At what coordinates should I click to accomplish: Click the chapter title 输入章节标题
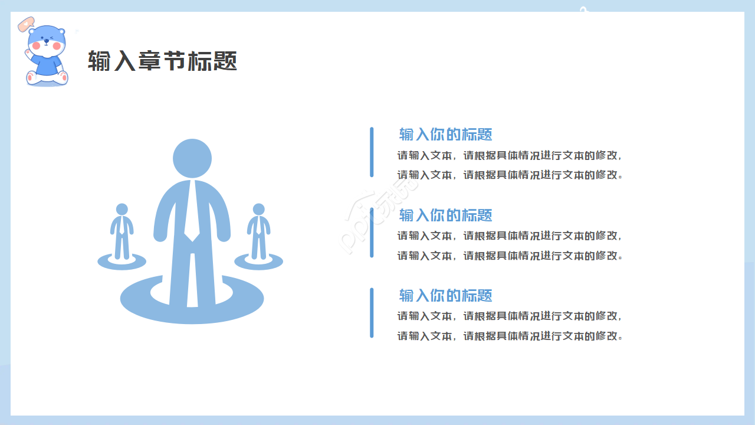tap(162, 61)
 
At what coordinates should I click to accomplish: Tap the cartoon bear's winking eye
tap(51, 38)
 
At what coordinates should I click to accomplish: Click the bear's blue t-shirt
tap(47, 65)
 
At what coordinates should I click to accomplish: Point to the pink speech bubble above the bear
tap(26, 24)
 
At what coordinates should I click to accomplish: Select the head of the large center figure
tap(192, 158)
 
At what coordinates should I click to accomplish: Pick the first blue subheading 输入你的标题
tap(445, 134)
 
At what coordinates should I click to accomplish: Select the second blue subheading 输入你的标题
tap(445, 215)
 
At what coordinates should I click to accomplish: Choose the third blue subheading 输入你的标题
tap(445, 296)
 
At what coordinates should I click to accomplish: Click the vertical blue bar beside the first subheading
tap(372, 152)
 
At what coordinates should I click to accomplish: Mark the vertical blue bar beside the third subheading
tap(372, 313)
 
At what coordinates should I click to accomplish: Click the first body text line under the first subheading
tap(509, 155)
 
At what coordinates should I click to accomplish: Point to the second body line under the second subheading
tap(510, 256)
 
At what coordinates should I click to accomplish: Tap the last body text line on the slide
tap(510, 336)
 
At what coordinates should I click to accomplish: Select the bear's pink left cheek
tap(36, 45)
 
